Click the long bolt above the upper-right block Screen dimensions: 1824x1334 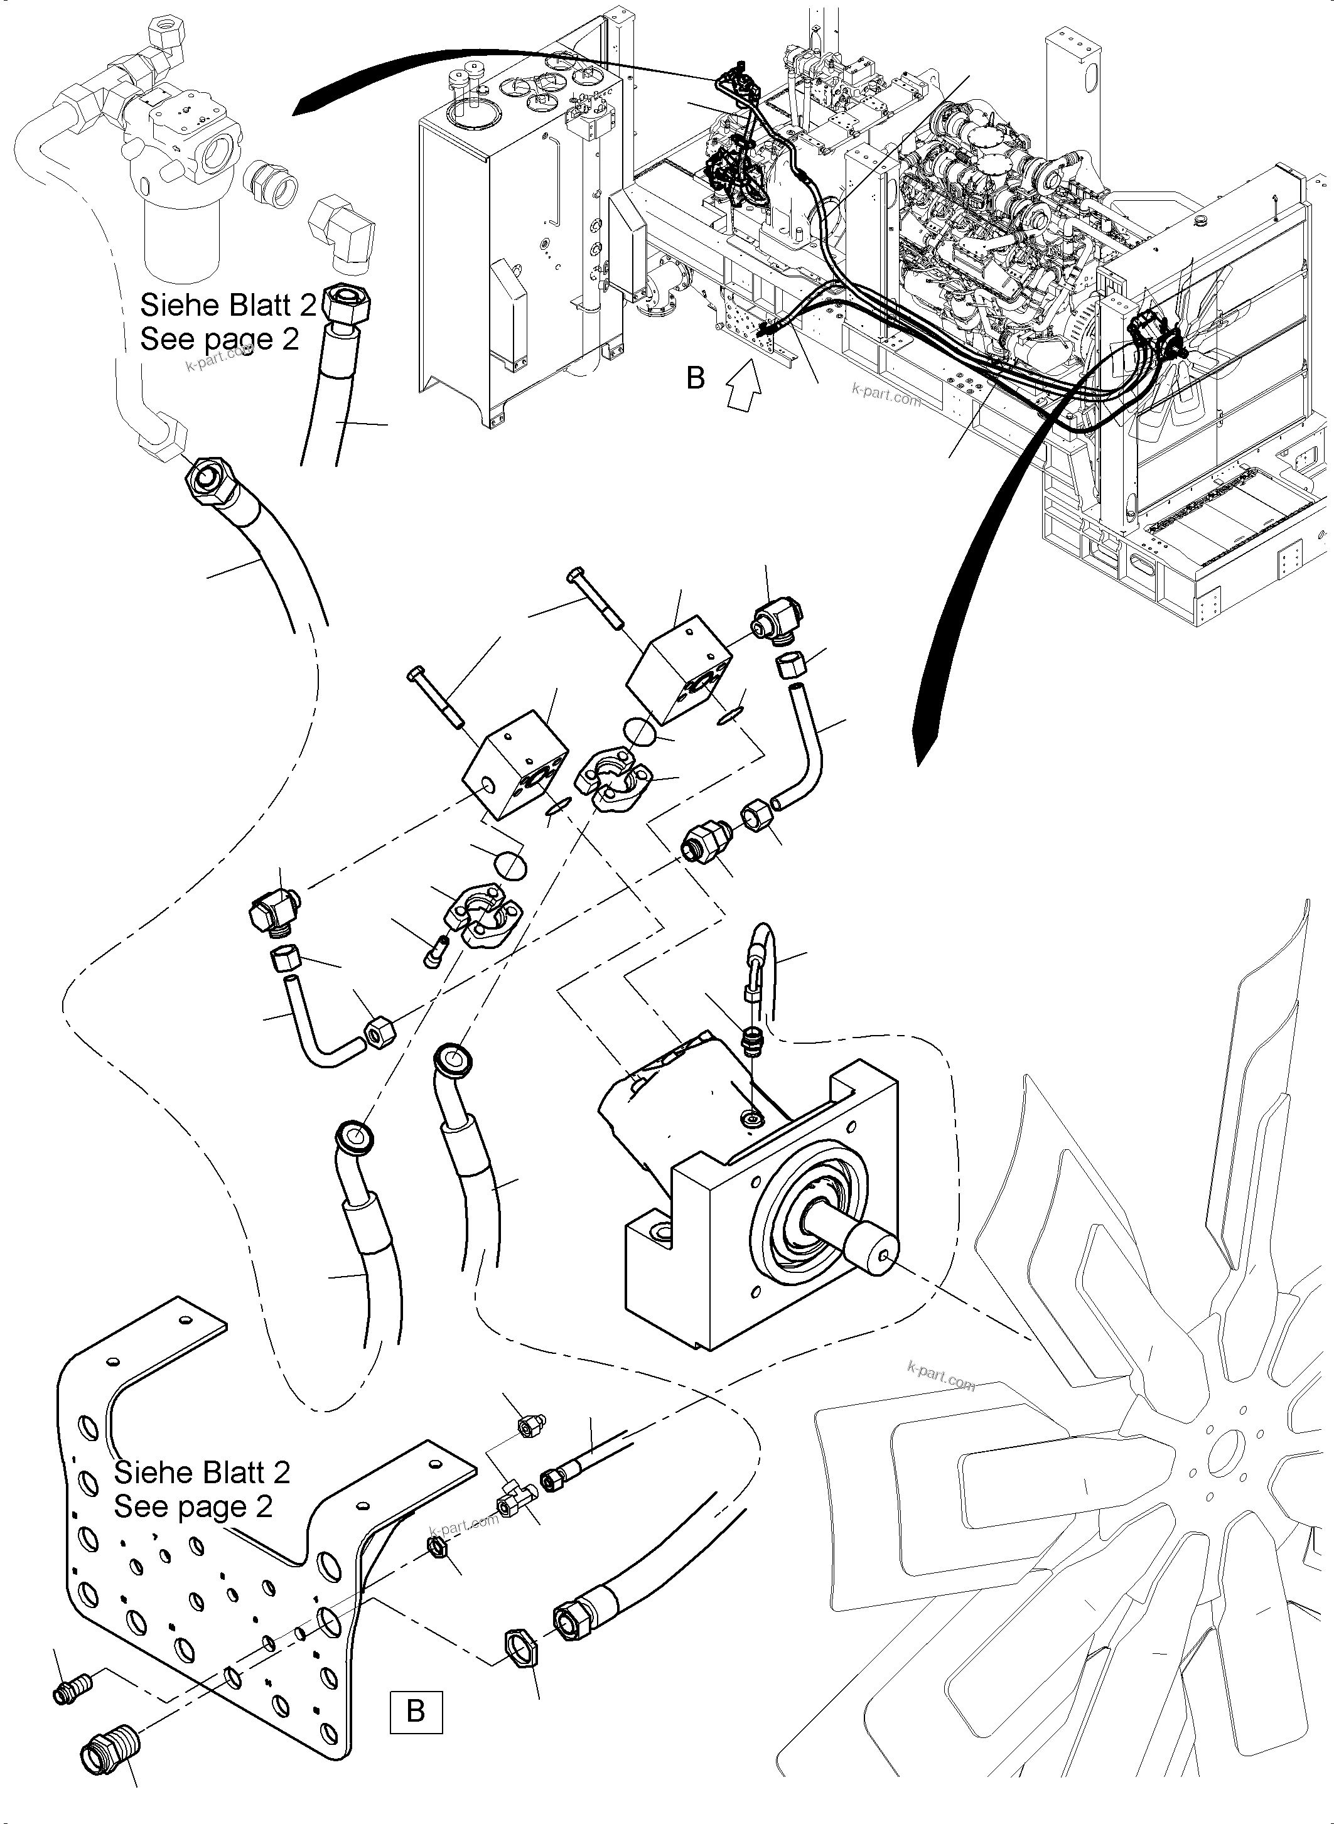pos(598,598)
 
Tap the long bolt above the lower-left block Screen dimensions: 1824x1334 pos(437,699)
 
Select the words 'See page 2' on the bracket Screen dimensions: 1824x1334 pos(193,1506)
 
